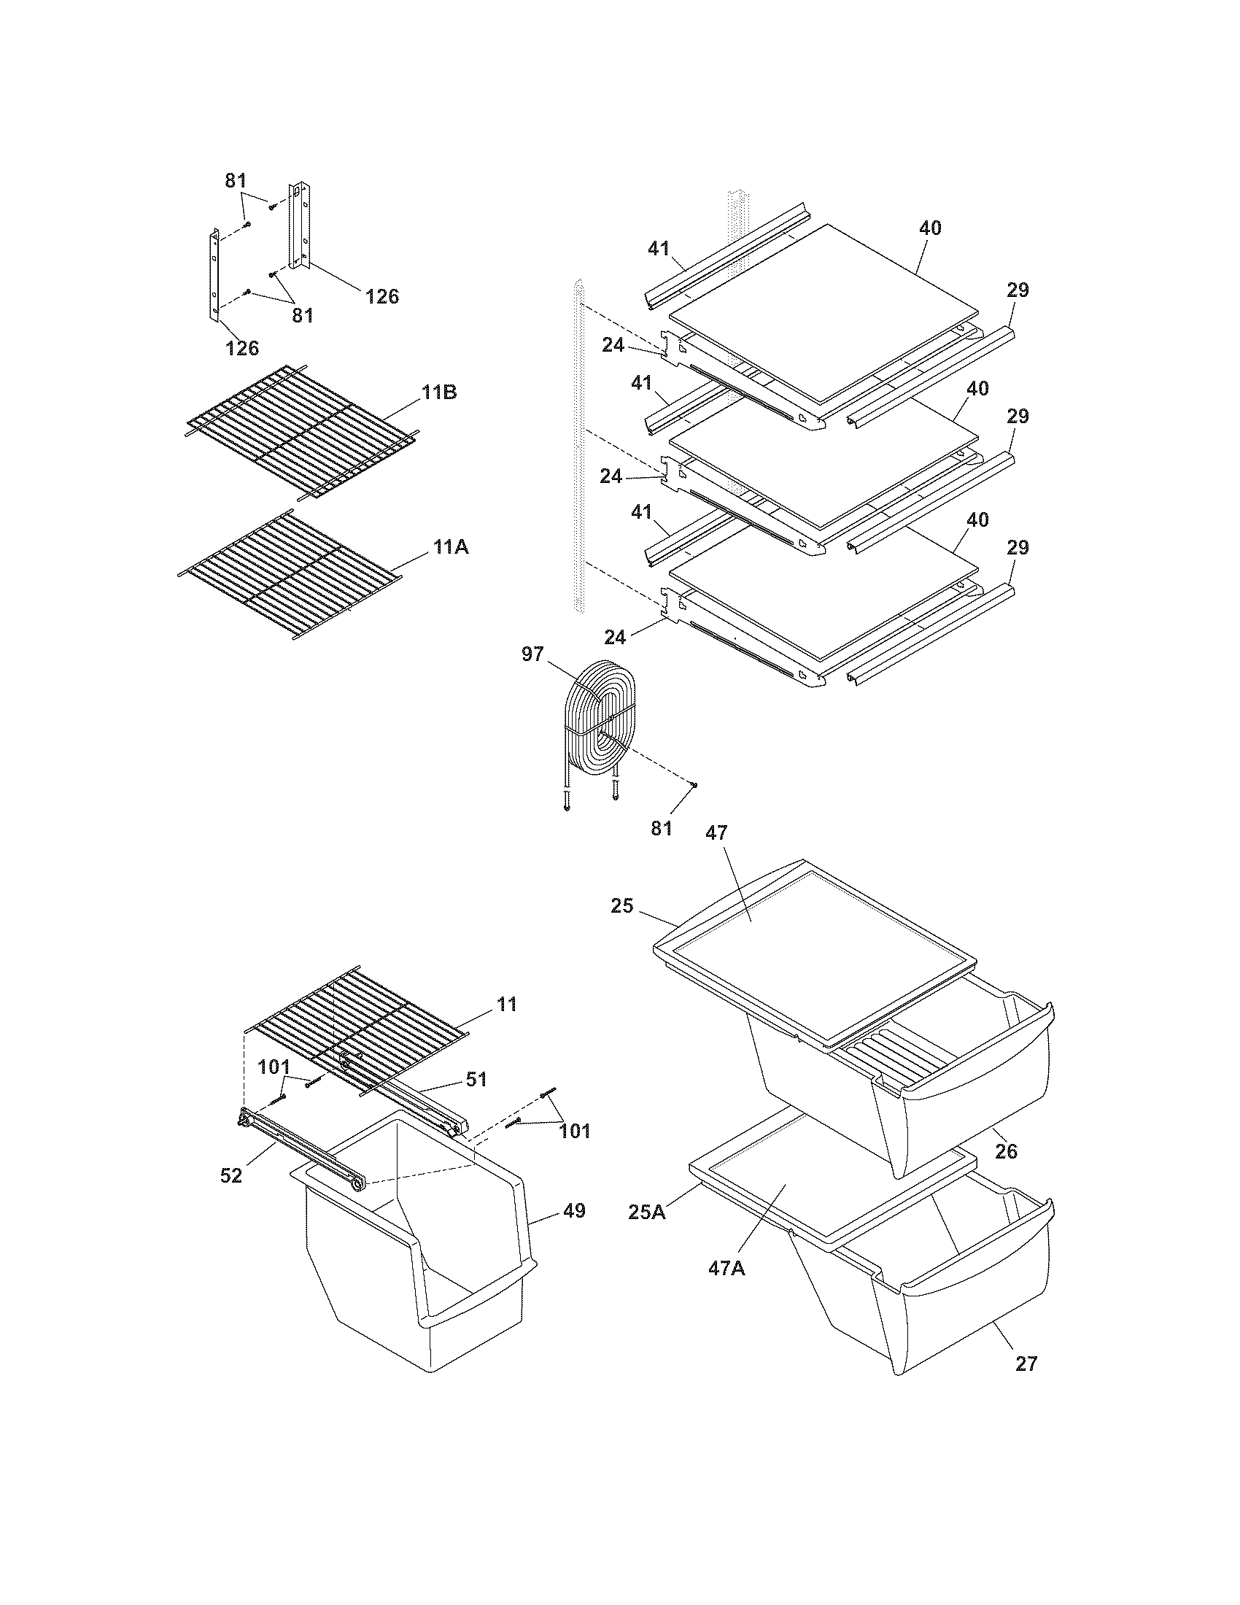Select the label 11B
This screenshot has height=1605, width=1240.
coord(439,392)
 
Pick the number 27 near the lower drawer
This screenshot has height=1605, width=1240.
coord(1026,1364)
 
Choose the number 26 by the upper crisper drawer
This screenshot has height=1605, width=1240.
coord(1006,1150)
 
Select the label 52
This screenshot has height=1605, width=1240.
coord(230,1175)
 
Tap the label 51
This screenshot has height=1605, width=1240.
coord(477,1079)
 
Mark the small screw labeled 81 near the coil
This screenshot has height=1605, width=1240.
coord(694,785)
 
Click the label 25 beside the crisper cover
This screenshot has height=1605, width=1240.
coord(621,905)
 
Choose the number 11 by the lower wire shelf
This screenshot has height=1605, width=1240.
coord(506,1004)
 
